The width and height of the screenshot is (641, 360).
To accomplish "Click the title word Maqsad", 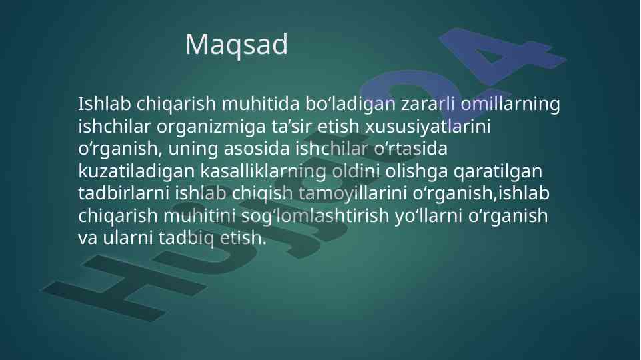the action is [x=237, y=45].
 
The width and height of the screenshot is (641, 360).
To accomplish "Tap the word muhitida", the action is [x=261, y=104].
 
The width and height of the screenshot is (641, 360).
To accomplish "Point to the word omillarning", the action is [x=510, y=104].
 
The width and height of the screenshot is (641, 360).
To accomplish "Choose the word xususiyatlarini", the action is [x=427, y=127].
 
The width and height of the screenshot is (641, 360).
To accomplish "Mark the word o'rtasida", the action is [x=410, y=149].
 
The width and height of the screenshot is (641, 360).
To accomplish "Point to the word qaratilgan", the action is [x=498, y=171].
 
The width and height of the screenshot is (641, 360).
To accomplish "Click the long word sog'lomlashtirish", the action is [x=315, y=216].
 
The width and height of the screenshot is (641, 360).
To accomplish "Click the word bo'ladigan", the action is [x=350, y=104].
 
